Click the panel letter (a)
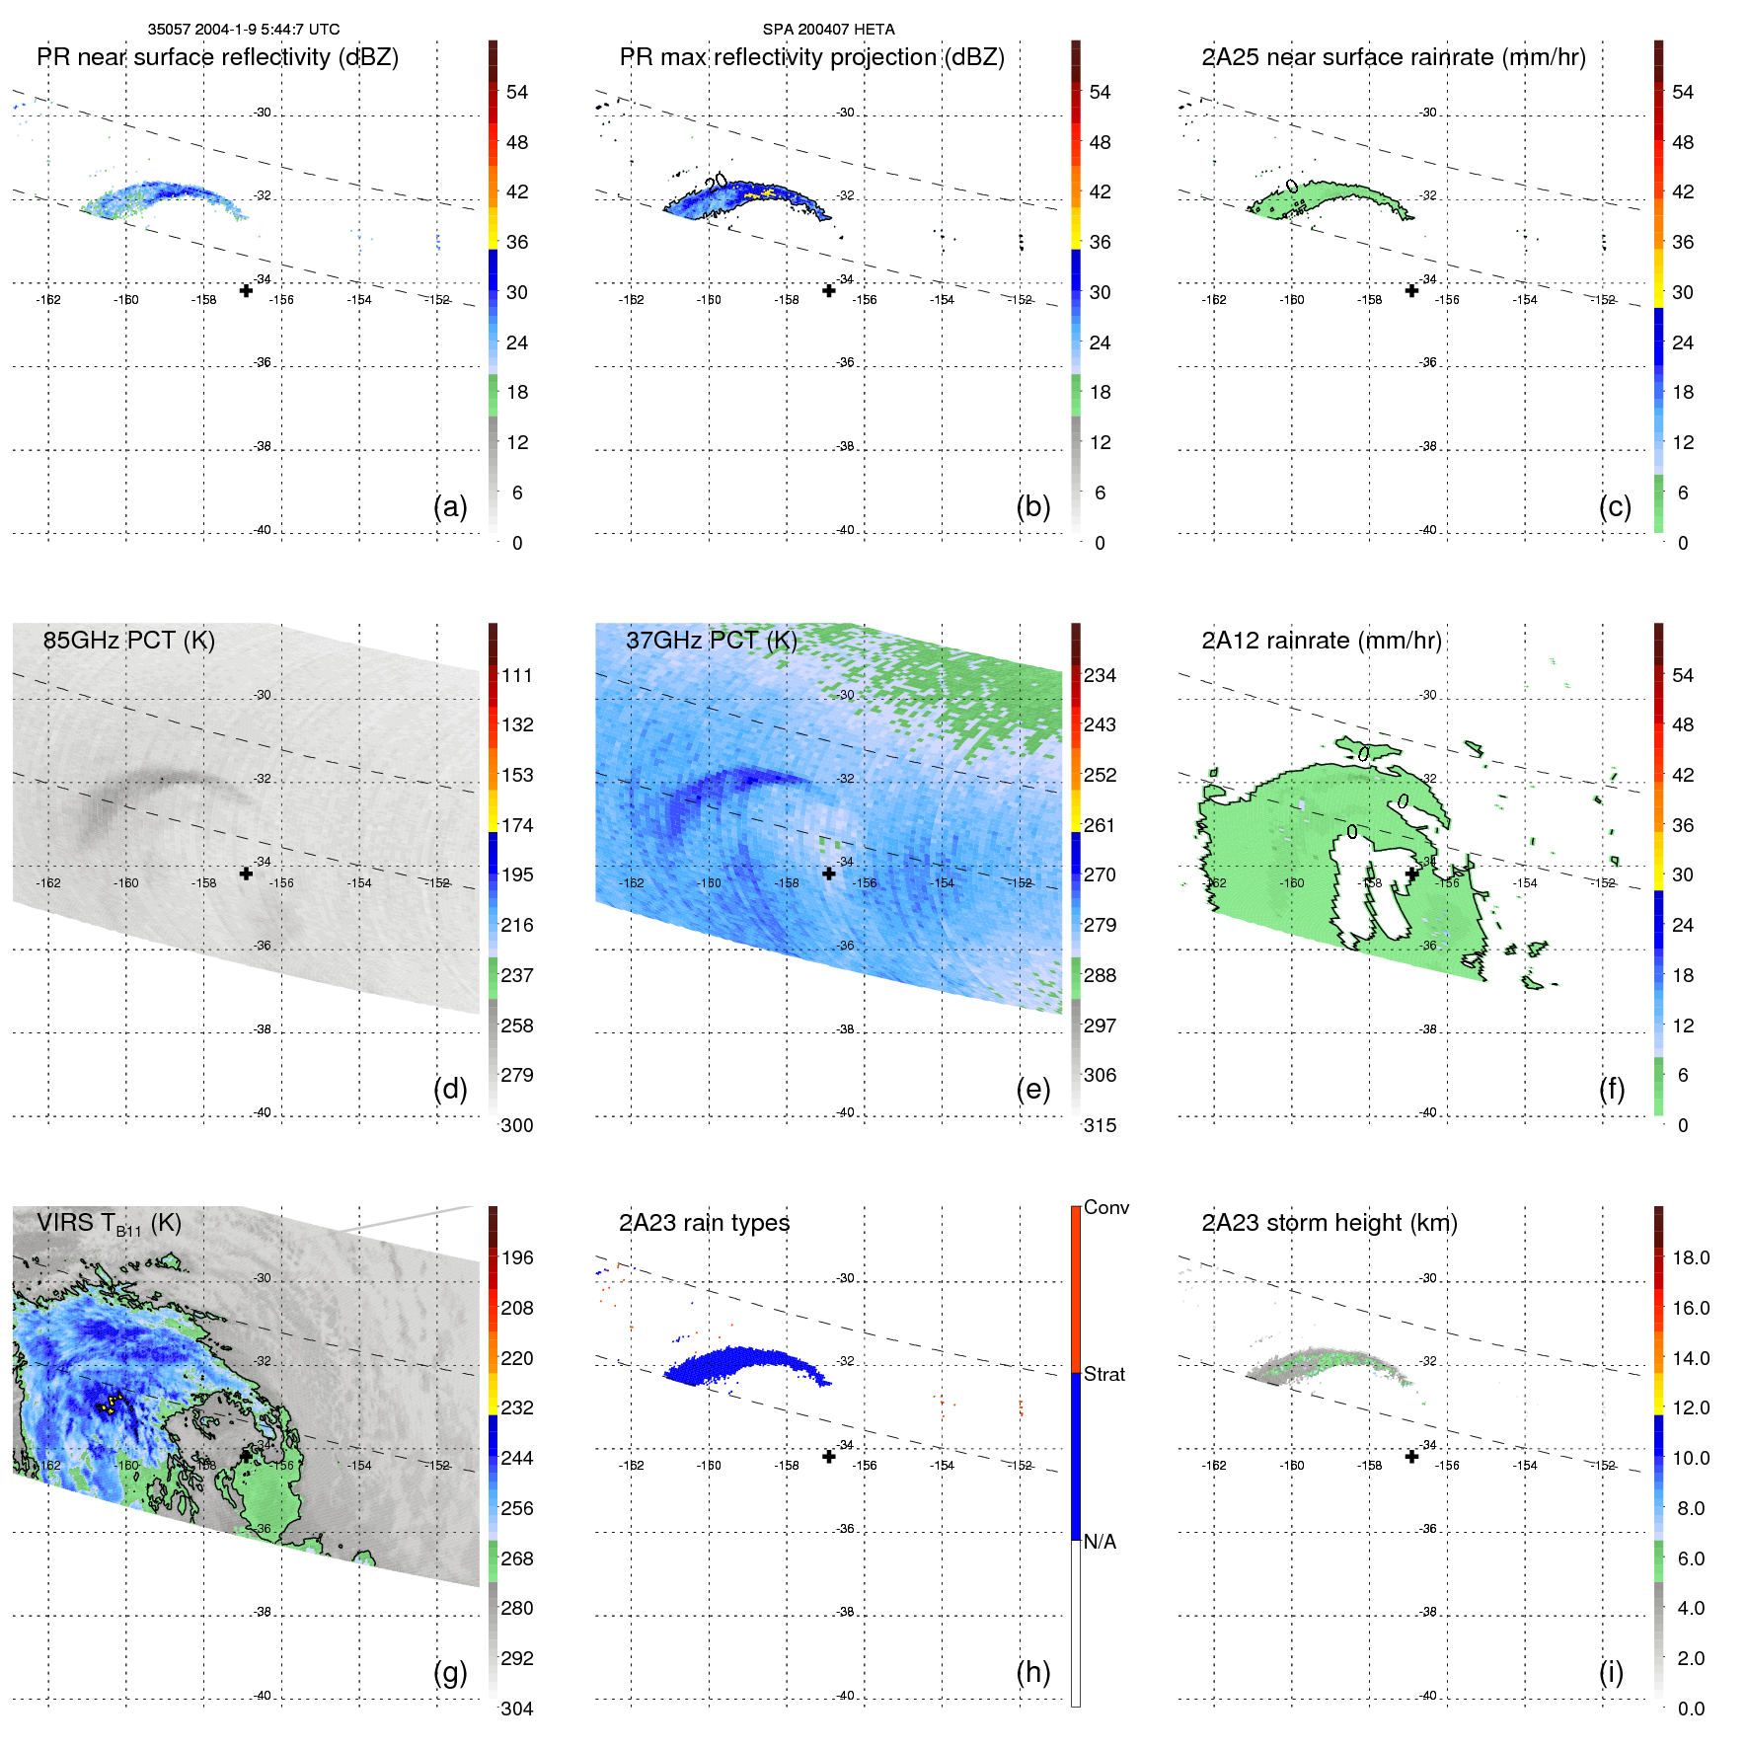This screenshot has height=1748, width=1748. (450, 506)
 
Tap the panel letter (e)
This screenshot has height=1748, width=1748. (1032, 1089)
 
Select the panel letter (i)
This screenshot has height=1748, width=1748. (1611, 1672)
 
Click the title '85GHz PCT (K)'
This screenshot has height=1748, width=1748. (128, 640)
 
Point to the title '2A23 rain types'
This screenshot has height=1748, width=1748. (704, 1223)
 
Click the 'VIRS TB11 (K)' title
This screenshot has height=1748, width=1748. (109, 1224)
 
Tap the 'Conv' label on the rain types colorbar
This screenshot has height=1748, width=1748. (1105, 1207)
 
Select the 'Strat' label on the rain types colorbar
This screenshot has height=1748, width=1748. (1103, 1374)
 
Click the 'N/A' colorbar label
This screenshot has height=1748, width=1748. (1100, 1542)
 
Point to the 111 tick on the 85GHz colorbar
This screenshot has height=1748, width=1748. (517, 675)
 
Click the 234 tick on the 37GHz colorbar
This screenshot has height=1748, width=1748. (1100, 675)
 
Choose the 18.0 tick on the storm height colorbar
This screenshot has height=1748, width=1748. (1691, 1257)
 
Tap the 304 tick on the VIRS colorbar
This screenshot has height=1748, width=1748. (517, 1709)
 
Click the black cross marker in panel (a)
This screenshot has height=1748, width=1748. (246, 290)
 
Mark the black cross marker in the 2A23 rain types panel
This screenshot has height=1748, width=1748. (829, 1456)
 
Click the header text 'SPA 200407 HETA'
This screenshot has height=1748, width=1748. (828, 30)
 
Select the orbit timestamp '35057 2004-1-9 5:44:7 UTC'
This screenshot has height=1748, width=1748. (244, 30)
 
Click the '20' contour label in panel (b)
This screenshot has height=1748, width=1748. (717, 182)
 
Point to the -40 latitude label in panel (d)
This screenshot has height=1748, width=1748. (262, 1112)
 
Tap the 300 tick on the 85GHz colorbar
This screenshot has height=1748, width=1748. (517, 1125)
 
